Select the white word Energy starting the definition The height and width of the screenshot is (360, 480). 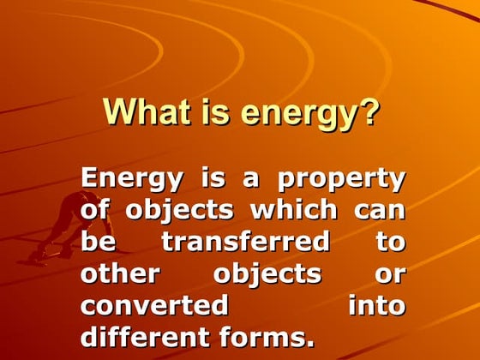click(132, 180)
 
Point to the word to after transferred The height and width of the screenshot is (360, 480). click(390, 243)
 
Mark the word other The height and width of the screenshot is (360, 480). click(121, 274)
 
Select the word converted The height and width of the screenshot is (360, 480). click(154, 306)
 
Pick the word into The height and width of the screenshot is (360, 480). click(377, 306)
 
